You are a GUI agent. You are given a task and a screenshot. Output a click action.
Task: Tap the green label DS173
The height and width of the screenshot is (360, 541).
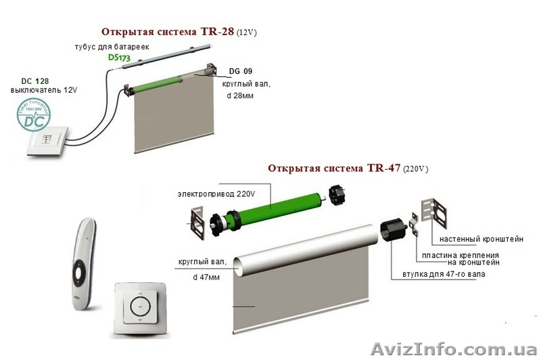[x=119, y=58]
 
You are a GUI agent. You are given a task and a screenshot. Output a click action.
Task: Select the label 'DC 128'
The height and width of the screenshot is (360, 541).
[x=26, y=81]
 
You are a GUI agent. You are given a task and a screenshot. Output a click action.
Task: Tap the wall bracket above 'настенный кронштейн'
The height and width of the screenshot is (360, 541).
[x=437, y=211]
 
